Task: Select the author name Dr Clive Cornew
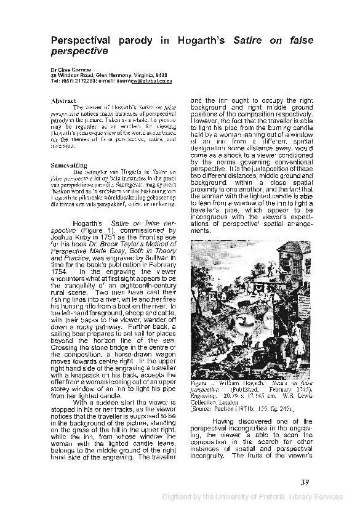(69, 70)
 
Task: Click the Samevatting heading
(68, 165)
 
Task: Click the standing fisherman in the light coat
(297, 342)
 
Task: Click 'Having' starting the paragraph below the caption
(226, 421)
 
